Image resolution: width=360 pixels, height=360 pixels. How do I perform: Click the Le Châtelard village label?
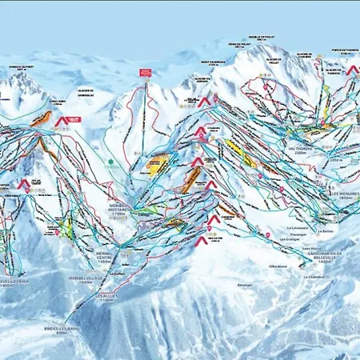tap(314, 278)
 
